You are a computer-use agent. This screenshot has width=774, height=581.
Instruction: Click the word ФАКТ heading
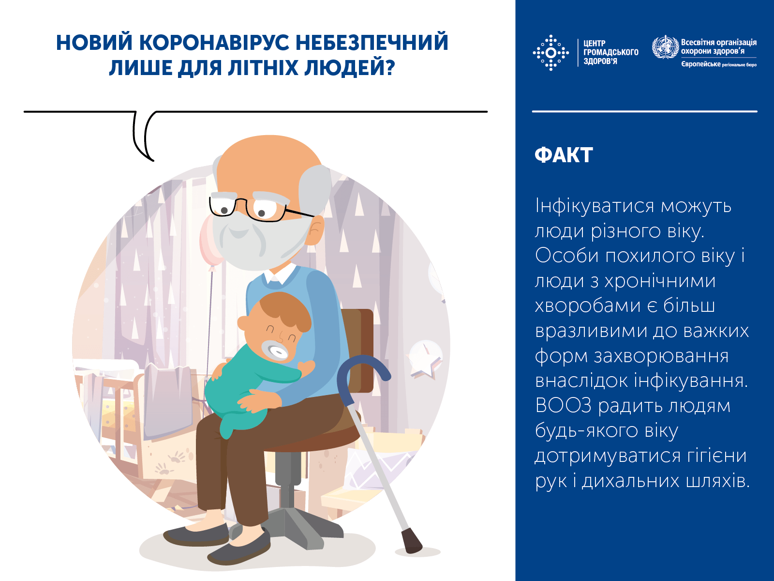tap(564, 155)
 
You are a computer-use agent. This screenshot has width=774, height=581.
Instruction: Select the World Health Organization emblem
tap(665, 47)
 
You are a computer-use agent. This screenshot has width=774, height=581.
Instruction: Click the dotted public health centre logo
tap(551, 52)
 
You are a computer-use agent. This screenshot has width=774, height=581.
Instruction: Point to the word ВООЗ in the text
tap(563, 406)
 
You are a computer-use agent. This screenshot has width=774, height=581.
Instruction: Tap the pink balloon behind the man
tap(209, 245)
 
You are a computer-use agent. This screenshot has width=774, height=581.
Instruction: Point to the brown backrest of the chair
tap(360, 349)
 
